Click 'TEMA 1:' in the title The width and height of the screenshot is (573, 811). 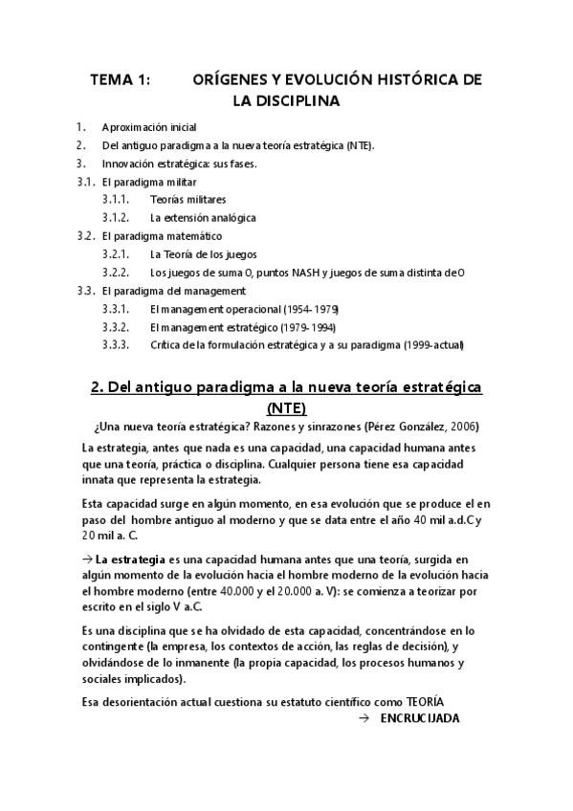[x=120, y=82]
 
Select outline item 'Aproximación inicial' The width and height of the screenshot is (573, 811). [x=149, y=128]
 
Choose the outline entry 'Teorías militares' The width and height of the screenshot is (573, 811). [x=187, y=200]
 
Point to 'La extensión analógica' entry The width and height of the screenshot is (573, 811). [x=203, y=218]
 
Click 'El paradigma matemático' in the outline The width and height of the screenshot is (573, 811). [x=162, y=236]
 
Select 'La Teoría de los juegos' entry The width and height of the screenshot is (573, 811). [x=205, y=254]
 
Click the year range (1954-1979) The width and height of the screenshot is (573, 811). [x=310, y=309]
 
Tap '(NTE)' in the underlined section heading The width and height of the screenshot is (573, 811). [x=286, y=408]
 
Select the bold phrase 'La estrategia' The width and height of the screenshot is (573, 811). [x=133, y=559]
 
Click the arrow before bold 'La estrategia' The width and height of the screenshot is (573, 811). [x=87, y=559]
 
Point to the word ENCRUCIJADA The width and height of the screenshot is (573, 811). [x=420, y=718]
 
